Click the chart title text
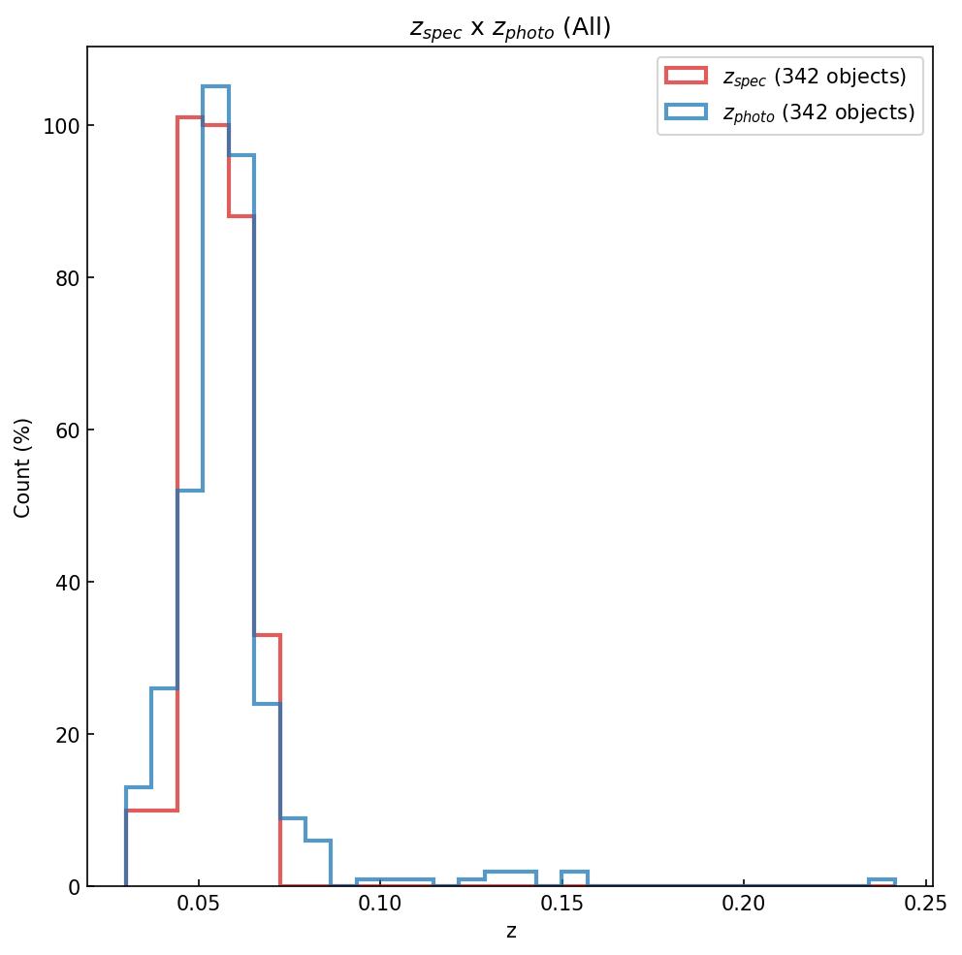[x=510, y=28]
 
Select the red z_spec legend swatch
[x=686, y=77]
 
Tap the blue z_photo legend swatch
[x=686, y=112]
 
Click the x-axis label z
[x=511, y=932]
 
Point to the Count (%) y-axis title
[x=23, y=467]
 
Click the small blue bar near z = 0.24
[x=882, y=880]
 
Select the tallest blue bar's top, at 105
[x=215, y=87]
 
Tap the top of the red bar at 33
[x=267, y=635]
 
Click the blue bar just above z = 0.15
[x=574, y=873]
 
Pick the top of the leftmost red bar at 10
[x=151, y=811]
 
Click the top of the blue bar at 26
[x=164, y=688]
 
